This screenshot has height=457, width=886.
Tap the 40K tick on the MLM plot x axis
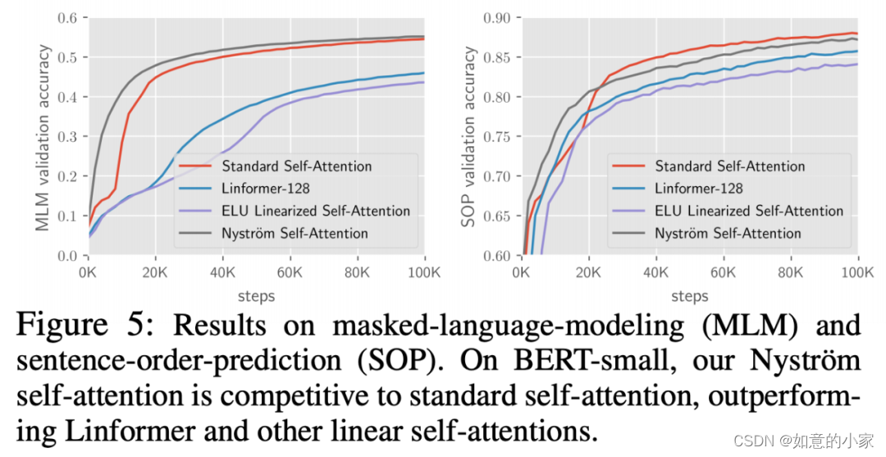click(x=222, y=272)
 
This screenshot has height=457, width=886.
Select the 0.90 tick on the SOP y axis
click(x=497, y=18)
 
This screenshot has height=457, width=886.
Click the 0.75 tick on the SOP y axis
click(x=497, y=137)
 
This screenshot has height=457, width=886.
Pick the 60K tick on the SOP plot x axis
click(x=724, y=272)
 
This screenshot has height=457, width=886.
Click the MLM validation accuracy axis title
click(x=43, y=137)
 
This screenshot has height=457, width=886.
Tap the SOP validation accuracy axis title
click(x=470, y=137)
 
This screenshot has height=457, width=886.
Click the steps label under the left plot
click(x=256, y=295)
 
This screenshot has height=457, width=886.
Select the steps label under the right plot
click(x=690, y=295)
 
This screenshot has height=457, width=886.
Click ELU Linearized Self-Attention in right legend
click(x=749, y=211)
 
